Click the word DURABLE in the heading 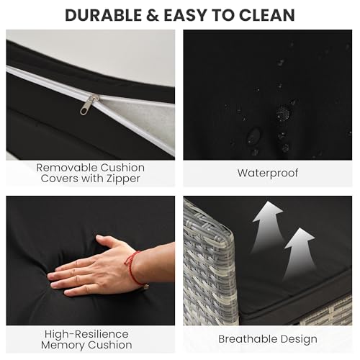click(104, 15)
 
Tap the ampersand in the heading click(153, 15)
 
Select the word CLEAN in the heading click(267, 15)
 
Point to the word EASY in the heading click(186, 15)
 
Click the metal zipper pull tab click(89, 104)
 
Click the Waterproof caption click(268, 173)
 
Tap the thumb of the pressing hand click(106, 241)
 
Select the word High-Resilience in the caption click(86, 334)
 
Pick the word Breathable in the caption click(248, 339)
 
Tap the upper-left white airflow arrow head click(269, 212)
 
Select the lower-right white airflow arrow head click(300, 238)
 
